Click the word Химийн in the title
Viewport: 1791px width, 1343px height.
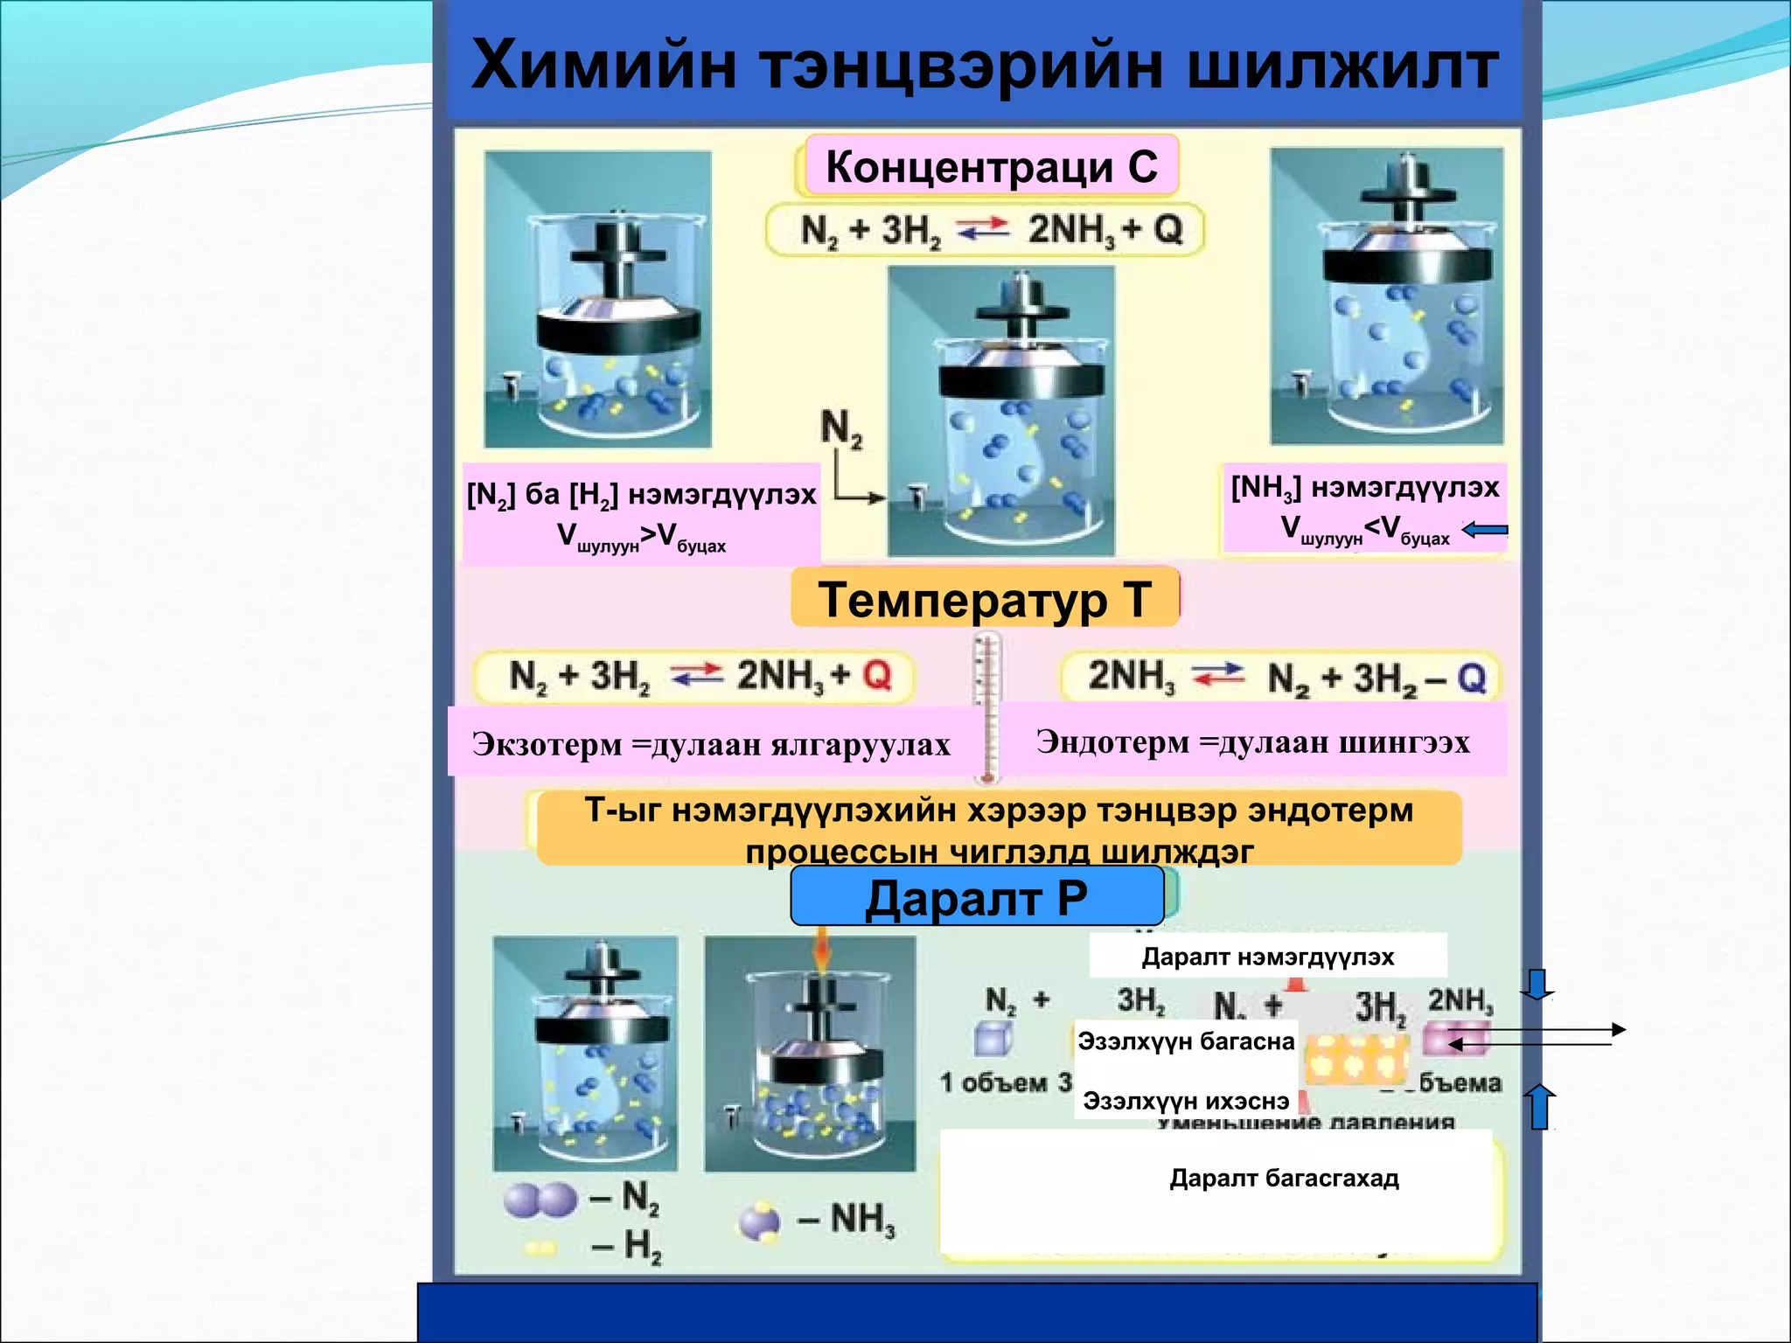(603, 66)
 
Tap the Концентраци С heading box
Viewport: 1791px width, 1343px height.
(991, 166)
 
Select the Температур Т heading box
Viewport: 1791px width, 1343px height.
(985, 599)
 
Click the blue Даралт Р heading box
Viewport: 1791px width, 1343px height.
(977, 897)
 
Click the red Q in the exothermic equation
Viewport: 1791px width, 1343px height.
(876, 674)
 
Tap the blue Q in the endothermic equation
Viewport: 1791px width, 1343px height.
(1471, 678)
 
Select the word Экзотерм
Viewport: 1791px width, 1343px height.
(547, 744)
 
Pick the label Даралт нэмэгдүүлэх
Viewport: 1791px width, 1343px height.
(1267, 957)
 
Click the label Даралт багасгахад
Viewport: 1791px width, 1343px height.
(1284, 1178)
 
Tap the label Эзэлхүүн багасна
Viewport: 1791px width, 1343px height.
(1186, 1040)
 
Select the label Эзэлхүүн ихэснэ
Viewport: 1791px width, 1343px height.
(1186, 1100)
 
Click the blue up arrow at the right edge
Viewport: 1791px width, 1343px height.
(1540, 1106)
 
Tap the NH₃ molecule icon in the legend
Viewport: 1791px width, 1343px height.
(759, 1221)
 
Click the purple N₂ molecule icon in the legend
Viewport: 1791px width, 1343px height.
(540, 1200)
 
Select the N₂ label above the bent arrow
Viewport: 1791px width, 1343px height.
(841, 428)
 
